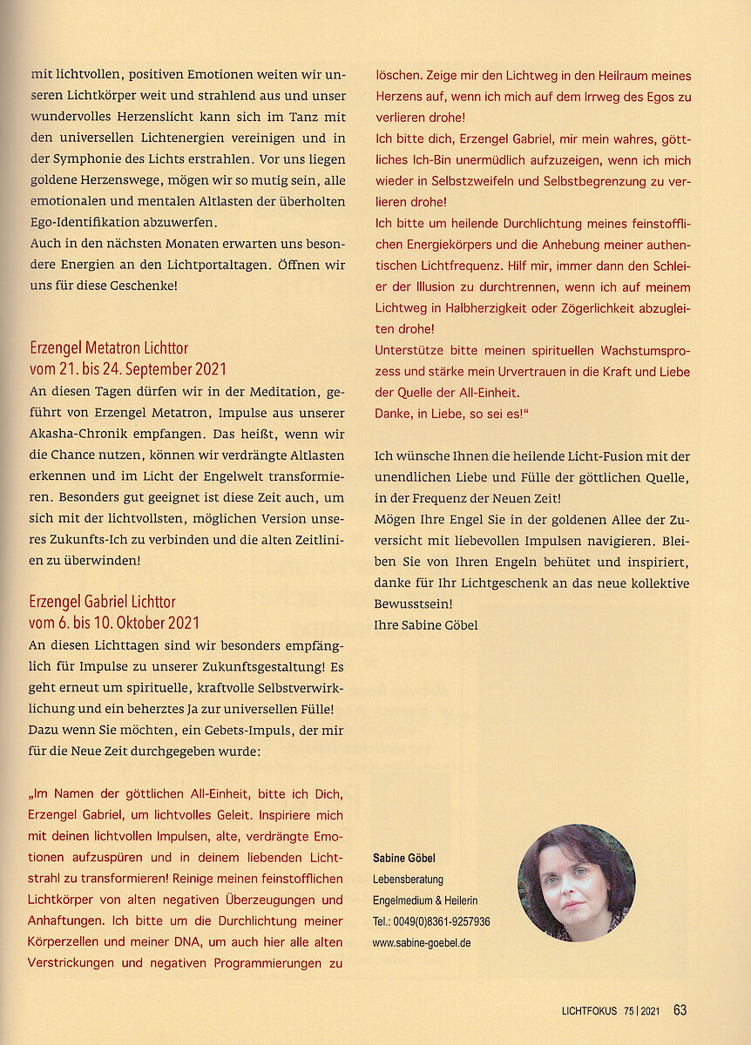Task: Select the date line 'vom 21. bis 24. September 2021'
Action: coord(127,369)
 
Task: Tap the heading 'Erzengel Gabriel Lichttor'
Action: coord(102,602)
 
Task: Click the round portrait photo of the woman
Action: coord(576,882)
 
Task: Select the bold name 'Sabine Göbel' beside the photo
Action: coord(403,859)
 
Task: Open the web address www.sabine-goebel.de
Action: coord(422,942)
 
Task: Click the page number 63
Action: coord(680,1010)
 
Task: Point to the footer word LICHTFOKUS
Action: coord(589,1011)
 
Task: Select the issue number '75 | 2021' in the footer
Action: coord(642,1011)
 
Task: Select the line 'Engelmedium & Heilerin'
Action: coord(424,900)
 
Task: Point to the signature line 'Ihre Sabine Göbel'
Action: coord(426,624)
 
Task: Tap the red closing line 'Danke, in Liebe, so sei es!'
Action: coord(453,414)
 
